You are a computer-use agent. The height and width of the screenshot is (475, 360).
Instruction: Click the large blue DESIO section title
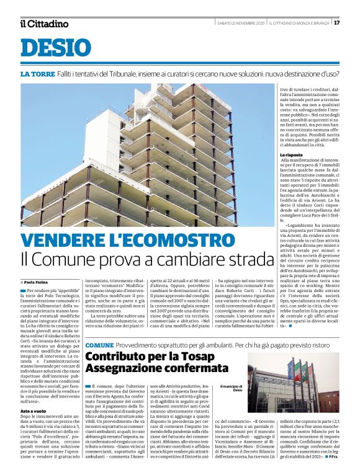55,48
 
